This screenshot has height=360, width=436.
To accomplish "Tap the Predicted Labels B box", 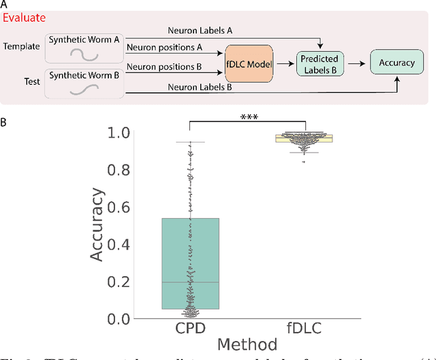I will click(320, 65).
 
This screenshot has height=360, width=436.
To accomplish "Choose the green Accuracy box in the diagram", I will click(396, 62).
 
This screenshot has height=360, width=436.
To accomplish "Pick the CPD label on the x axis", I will click(191, 329).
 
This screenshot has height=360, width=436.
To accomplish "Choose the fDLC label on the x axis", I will click(306, 329).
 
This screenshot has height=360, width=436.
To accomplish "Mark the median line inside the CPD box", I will click(191, 282).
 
